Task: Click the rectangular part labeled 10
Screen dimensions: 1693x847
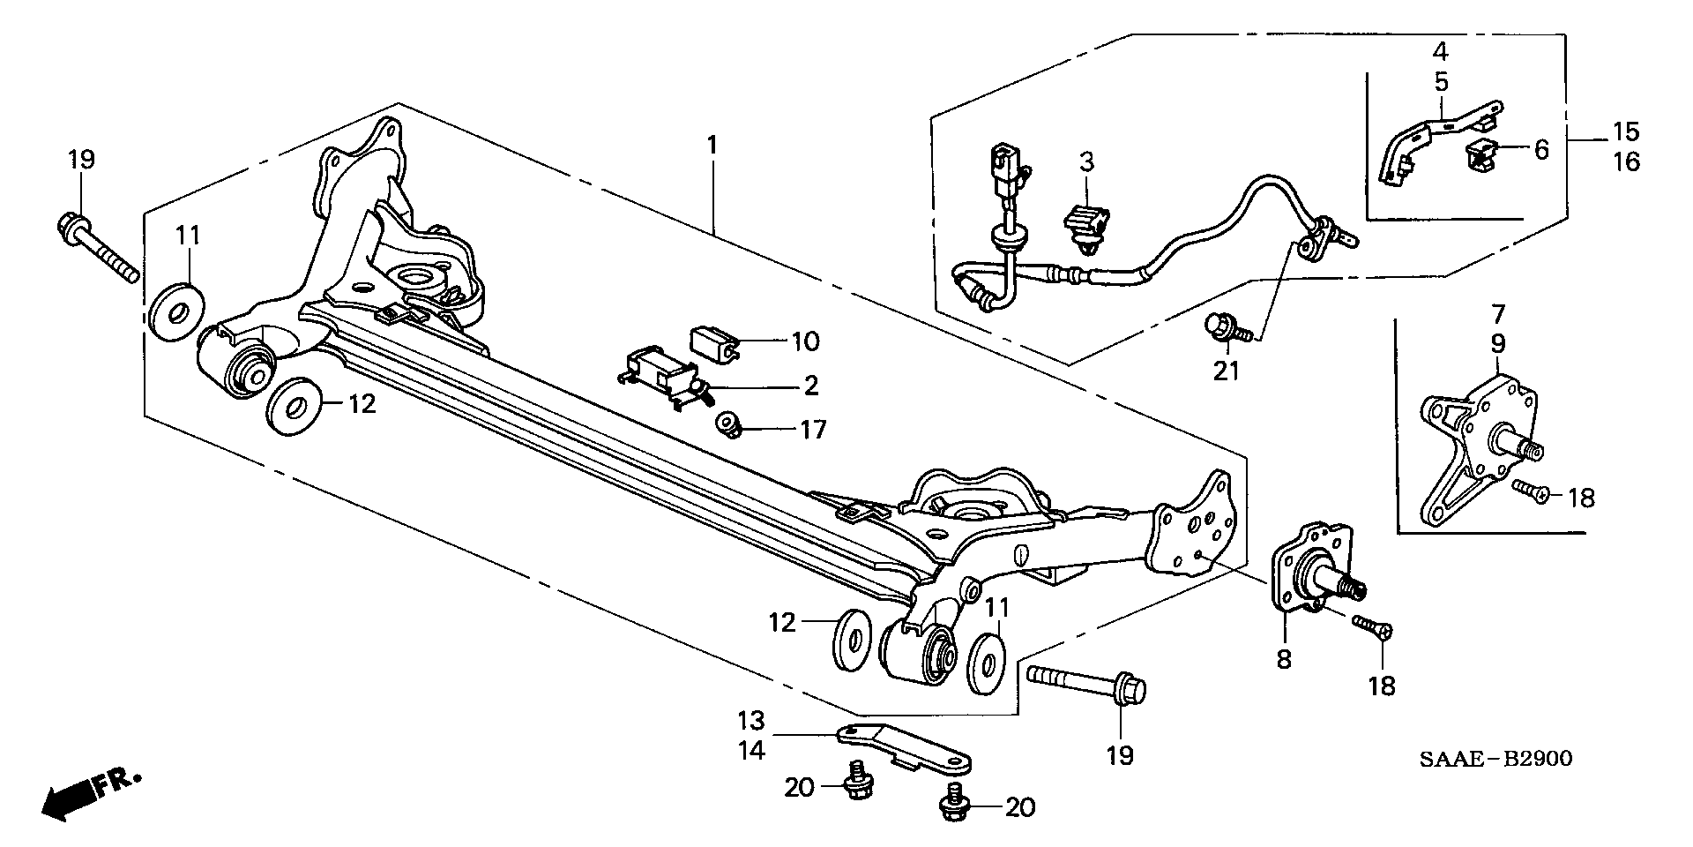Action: coord(712,342)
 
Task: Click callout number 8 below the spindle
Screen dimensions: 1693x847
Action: coord(1284,658)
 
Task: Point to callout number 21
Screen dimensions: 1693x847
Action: coord(1226,371)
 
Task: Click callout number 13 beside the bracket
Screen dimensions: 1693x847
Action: coord(752,721)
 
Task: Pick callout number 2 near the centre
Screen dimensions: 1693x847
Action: coord(809,386)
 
